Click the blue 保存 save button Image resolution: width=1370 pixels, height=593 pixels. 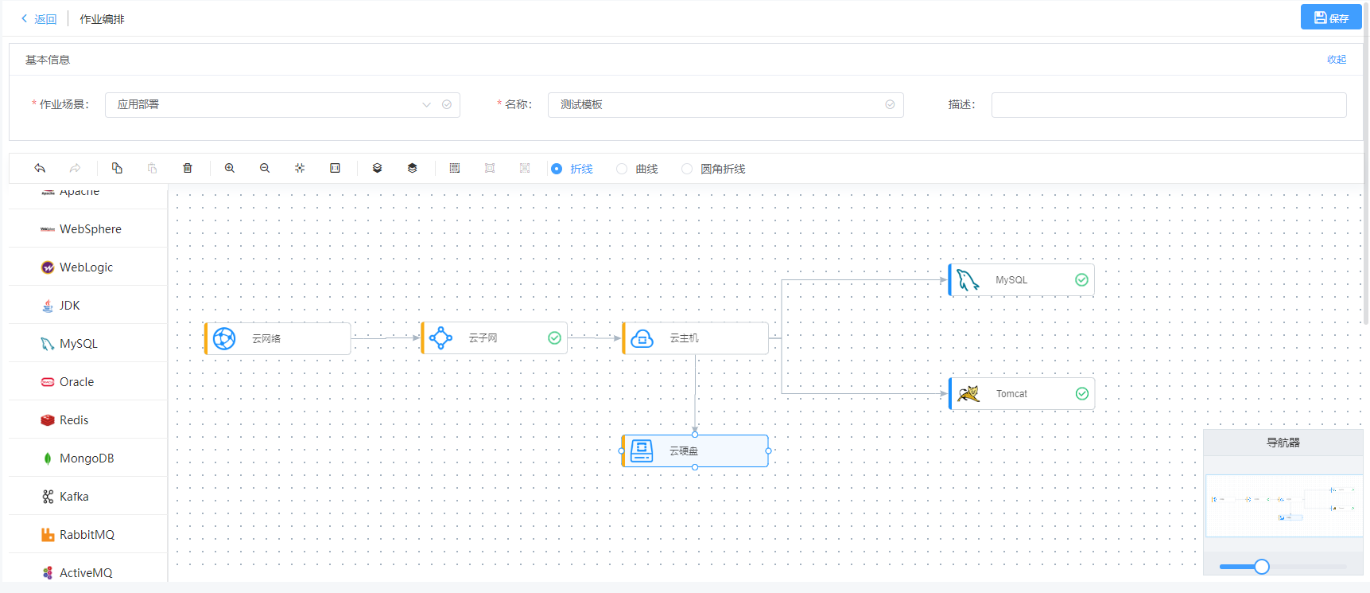1330,18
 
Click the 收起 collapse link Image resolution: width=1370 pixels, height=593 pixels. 1336,60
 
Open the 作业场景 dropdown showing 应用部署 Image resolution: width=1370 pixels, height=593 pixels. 281,105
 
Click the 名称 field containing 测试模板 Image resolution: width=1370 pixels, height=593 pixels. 724,105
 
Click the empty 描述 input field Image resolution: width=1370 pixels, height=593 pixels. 1168,105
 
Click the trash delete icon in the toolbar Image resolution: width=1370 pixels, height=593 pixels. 188,168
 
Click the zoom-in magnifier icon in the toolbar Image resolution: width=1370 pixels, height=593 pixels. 230,168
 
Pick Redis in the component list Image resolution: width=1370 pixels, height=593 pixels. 74,420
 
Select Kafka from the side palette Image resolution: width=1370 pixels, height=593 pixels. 74,497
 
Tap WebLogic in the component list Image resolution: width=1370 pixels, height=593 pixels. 86,267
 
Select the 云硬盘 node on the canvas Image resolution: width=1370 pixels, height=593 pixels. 694,451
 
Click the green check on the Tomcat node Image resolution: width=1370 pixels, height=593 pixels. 1081,394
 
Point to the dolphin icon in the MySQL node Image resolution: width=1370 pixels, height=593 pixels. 968,280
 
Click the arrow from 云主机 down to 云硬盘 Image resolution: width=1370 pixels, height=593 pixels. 696,394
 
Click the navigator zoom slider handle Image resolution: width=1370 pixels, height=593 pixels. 1262,567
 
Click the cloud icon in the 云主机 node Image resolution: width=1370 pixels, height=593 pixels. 642,338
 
